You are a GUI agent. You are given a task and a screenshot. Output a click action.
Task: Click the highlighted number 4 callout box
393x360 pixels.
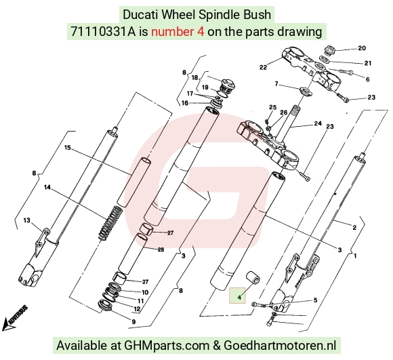tap(237, 295)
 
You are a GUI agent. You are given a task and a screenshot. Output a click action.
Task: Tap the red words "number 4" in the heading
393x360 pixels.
tap(178, 32)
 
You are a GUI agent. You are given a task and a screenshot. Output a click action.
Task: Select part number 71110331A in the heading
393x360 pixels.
tap(103, 32)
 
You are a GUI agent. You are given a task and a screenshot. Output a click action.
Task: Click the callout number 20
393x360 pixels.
tap(362, 48)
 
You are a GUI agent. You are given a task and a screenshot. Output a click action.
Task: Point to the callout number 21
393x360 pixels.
tap(368, 63)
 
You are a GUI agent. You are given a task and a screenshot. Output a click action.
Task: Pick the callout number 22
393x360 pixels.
tap(263, 67)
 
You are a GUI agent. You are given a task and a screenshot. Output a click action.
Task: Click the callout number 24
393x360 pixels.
tap(318, 123)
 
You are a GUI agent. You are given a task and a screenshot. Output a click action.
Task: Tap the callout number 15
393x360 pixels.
tap(68, 148)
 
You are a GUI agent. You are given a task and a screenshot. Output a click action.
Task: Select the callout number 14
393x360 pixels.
tap(47, 187)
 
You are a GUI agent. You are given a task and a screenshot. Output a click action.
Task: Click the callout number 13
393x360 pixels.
tap(26, 220)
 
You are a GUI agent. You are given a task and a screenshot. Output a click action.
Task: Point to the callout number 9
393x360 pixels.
tap(133, 321)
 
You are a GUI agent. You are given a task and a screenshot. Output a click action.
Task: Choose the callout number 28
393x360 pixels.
tap(161, 249)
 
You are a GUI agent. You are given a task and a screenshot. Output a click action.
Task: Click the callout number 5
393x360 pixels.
tap(315, 300)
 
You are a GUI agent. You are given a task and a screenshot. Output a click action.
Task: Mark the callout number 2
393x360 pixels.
tap(354, 227)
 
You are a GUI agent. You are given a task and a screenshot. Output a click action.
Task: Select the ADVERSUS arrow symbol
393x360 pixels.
tap(14, 319)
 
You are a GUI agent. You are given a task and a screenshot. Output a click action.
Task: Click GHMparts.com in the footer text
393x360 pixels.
tap(167, 346)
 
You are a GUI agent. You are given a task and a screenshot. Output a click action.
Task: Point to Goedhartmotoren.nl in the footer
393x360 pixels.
tap(280, 345)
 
